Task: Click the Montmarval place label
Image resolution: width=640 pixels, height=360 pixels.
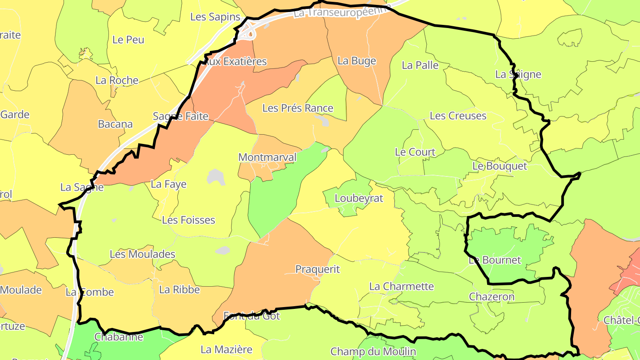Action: (267, 157)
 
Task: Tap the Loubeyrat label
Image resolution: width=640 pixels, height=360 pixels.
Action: (359, 198)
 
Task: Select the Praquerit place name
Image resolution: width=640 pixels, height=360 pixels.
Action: (317, 269)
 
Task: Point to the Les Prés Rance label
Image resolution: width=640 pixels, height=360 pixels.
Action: (298, 108)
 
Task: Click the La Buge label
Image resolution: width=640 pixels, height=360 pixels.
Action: (357, 61)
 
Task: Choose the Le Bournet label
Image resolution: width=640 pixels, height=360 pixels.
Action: (495, 260)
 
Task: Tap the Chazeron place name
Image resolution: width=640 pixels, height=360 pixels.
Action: (492, 296)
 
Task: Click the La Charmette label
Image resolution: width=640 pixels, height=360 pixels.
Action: (401, 286)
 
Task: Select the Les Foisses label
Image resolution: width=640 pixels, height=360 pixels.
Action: (188, 220)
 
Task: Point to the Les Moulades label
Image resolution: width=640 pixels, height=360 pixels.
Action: (142, 254)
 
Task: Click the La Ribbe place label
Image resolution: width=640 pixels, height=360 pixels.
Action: (180, 290)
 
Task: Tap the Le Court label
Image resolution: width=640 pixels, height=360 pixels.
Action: (415, 152)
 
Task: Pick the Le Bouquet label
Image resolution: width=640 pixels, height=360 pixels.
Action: (500, 166)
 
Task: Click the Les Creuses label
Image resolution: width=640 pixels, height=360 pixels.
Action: (458, 116)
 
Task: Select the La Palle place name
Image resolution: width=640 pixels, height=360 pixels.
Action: (420, 65)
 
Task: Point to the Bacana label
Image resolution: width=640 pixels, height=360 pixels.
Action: (115, 124)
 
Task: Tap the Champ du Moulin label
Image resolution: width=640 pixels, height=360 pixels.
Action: (373, 352)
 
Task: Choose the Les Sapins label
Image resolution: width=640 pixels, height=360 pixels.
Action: (215, 17)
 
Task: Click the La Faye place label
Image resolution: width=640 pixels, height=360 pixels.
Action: (169, 184)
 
